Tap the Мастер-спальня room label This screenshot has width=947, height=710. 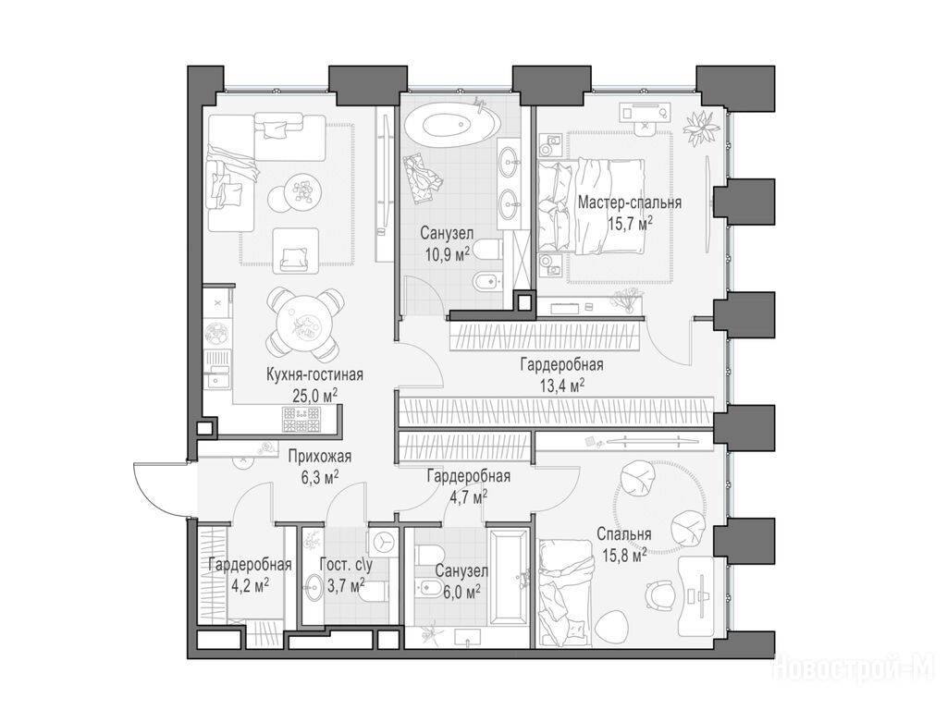click(630, 202)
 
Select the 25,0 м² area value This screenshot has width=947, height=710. click(314, 396)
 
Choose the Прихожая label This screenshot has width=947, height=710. click(319, 457)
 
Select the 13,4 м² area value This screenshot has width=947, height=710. click(561, 386)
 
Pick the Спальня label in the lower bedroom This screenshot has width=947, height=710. click(624, 534)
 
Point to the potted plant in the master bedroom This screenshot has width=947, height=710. click(702, 128)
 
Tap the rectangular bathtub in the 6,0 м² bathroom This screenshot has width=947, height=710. click(510, 579)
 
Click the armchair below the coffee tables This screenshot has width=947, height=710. click(295, 248)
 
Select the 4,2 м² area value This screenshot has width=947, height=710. click(250, 585)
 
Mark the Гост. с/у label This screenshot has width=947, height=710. click(346, 565)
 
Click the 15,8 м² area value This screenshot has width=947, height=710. click(624, 555)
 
